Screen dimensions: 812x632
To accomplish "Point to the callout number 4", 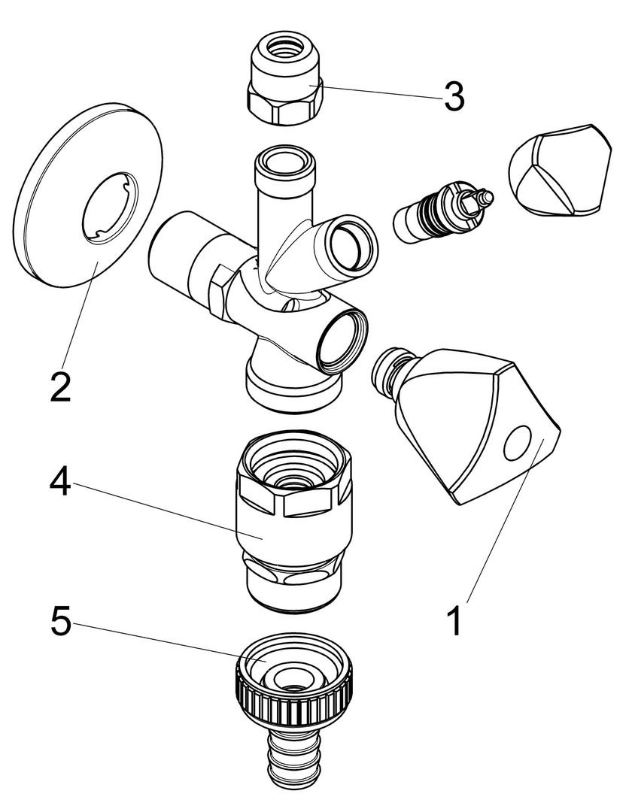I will tap(60, 482).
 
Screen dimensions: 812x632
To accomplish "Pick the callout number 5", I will tap(60, 623).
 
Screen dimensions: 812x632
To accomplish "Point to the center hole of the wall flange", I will tap(112, 207).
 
